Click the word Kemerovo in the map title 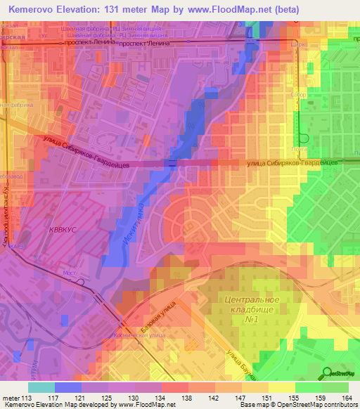coord(36,10)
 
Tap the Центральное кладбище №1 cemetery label coord(252,310)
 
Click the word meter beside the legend coord(11,397)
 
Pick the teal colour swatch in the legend coord(41,387)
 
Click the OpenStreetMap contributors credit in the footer coord(319,405)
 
